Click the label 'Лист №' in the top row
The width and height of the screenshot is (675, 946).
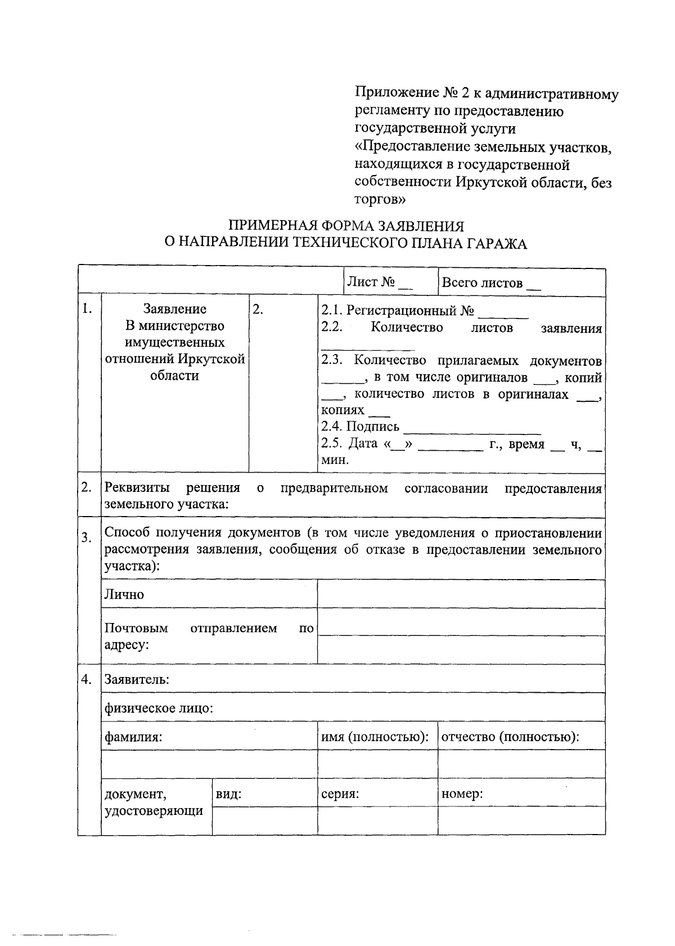(x=372, y=283)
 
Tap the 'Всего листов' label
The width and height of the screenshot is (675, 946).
(x=482, y=283)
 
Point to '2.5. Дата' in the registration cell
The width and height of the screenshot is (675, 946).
(x=349, y=444)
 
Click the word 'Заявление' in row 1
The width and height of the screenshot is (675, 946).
(x=175, y=309)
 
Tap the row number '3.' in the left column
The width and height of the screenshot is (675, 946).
(x=86, y=538)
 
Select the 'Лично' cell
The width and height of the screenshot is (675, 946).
(x=124, y=594)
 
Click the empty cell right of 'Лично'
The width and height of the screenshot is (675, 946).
(x=461, y=594)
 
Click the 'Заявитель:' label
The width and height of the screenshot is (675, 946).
(x=137, y=679)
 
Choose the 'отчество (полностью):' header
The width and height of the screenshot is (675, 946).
(x=511, y=737)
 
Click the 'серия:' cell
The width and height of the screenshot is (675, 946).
(x=340, y=794)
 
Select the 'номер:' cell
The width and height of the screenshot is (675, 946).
(x=462, y=794)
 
